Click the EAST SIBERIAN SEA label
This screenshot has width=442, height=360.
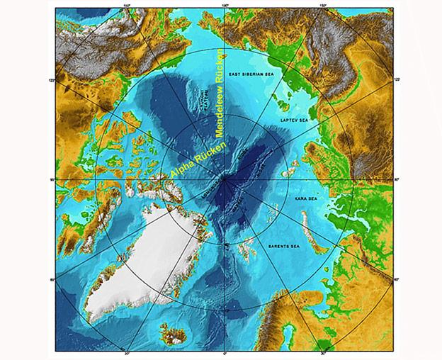255,74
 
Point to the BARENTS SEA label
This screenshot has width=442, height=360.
288,245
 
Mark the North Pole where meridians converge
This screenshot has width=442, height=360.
224,180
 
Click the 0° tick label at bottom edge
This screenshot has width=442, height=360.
225,353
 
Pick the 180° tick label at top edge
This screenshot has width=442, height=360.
225,6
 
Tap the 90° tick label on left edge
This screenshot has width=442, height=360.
52,180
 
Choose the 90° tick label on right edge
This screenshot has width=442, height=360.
396,180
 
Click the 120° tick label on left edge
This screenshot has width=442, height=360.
52,80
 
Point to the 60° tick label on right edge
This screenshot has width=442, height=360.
396,280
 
